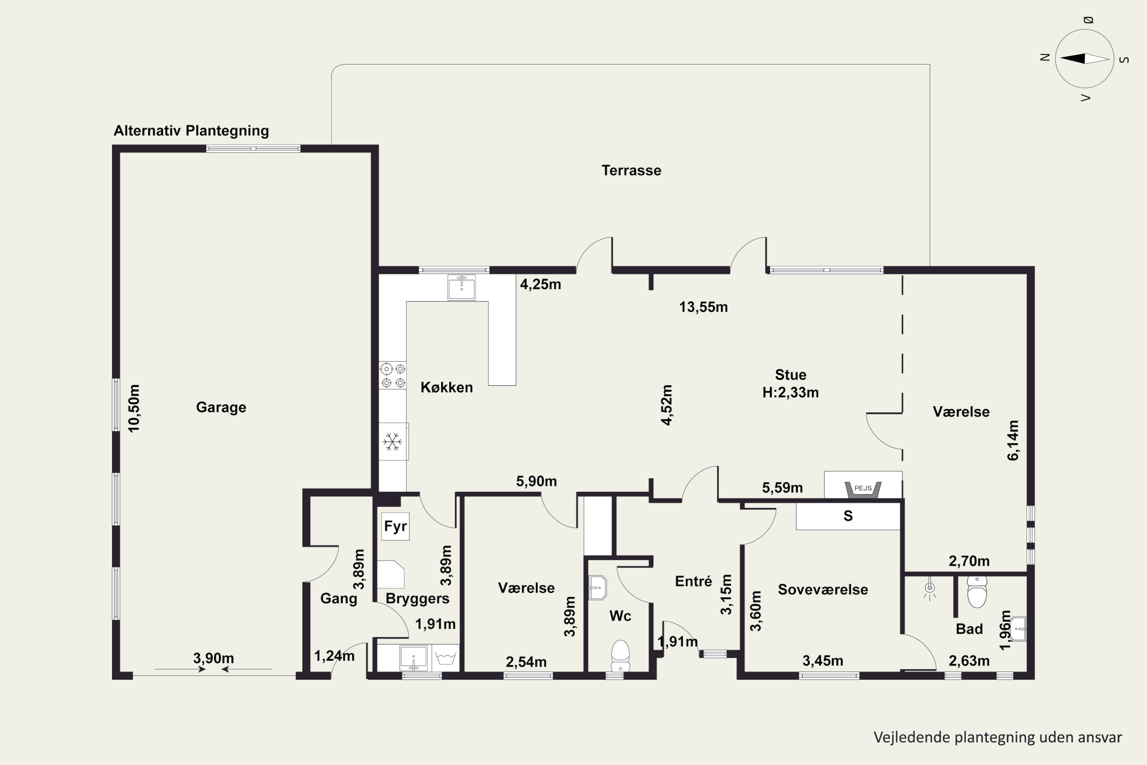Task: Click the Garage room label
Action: [221, 407]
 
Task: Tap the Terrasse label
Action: [631, 170]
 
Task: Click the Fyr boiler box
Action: [395, 526]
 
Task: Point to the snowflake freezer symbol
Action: [393, 441]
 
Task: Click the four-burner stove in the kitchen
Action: [393, 375]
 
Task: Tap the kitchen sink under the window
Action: [461, 287]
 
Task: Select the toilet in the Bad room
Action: [977, 592]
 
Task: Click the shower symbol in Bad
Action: [929, 590]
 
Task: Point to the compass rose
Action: [1085, 59]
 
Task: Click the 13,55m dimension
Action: [703, 307]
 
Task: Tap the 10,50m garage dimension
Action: [133, 408]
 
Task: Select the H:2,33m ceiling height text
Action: [791, 392]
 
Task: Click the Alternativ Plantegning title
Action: [191, 131]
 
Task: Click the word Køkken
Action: [447, 387]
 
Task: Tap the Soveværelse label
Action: [823, 589]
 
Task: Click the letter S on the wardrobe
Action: [848, 516]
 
